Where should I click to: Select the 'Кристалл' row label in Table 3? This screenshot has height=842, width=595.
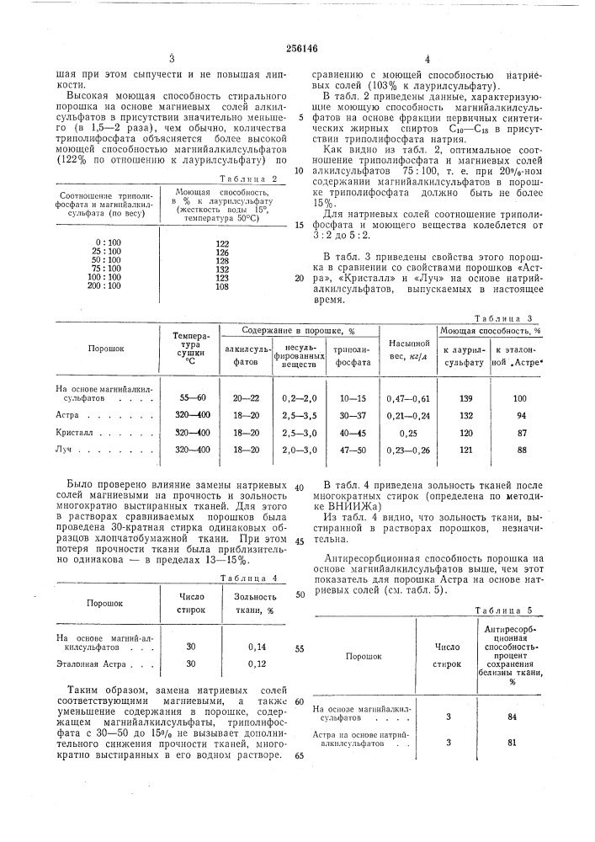point(77,432)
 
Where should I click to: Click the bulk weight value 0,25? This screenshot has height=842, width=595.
point(406,432)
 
